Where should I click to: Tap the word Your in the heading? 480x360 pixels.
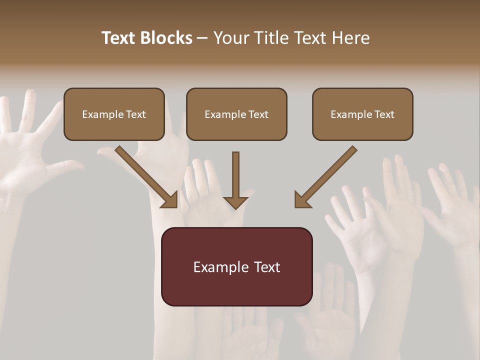[x=231, y=38]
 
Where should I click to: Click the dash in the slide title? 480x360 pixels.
[x=202, y=38]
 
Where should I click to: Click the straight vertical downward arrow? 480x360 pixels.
[x=235, y=177]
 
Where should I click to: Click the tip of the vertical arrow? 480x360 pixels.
[x=235, y=207]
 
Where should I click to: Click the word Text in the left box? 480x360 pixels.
[x=135, y=114]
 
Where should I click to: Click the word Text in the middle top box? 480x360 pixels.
[x=258, y=114]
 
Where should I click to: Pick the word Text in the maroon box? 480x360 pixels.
[x=267, y=267]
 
